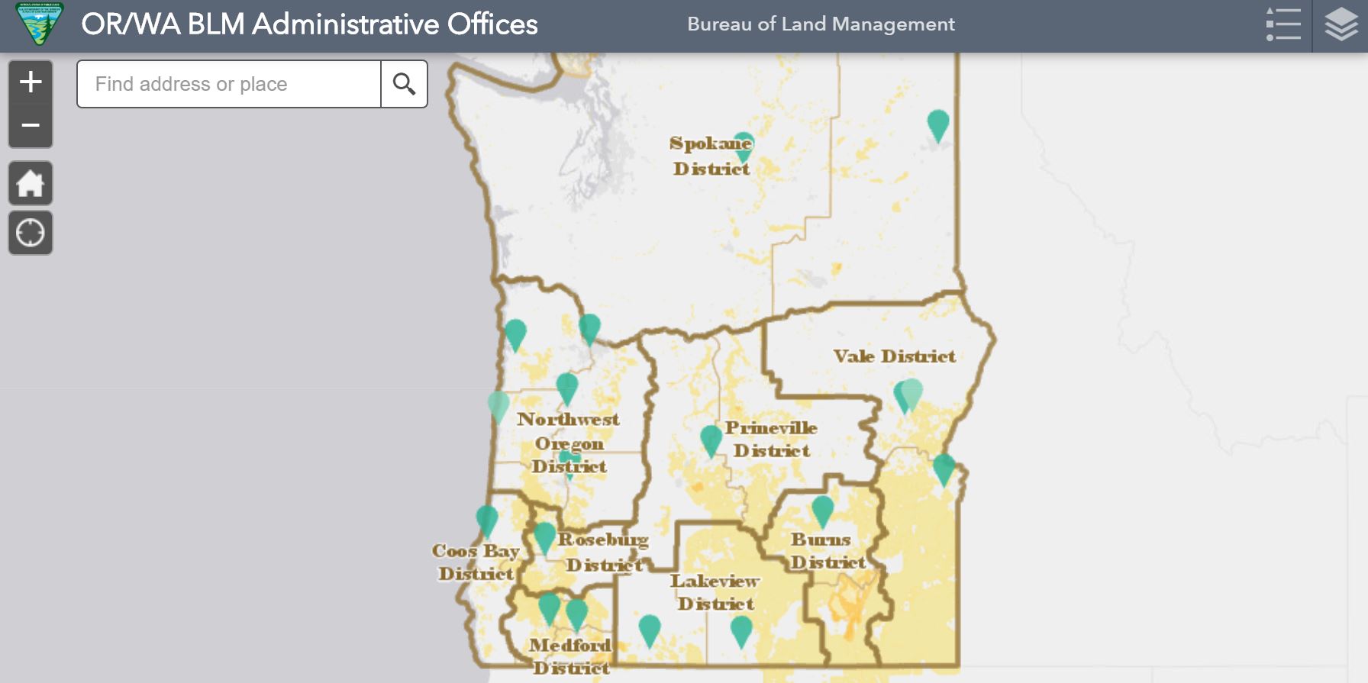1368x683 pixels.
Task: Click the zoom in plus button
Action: pos(31,82)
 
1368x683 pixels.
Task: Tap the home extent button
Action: pos(31,183)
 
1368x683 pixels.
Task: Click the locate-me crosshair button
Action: pos(31,233)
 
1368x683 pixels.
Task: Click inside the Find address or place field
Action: pos(229,84)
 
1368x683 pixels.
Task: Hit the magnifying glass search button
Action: pos(404,84)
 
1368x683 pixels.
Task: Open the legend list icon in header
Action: pos(1283,25)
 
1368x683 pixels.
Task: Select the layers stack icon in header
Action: pos(1341,25)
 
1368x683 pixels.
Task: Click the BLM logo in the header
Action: pos(40,24)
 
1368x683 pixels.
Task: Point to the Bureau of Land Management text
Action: pos(821,24)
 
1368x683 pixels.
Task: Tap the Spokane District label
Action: pos(711,156)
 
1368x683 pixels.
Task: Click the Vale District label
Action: pos(894,356)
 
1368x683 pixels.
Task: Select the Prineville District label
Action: pos(771,439)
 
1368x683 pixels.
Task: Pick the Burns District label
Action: pos(826,551)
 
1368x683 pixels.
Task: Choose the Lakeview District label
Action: pos(715,592)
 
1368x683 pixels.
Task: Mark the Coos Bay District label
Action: pos(476,562)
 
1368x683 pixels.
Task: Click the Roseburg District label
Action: pos(603,552)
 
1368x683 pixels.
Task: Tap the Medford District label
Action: pos(570,656)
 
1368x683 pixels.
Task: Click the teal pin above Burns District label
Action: pos(822,510)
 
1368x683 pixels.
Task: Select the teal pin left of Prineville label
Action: pos(711,440)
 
